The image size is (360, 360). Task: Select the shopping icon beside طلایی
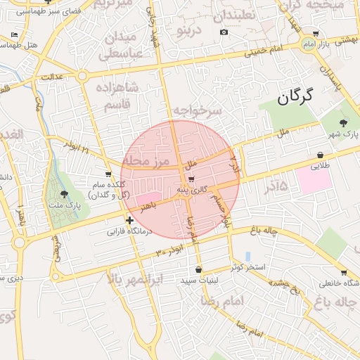[321, 155]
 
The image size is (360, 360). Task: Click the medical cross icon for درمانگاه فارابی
[129, 221]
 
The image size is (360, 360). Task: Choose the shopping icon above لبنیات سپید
[199, 269]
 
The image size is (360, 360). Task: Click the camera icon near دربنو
[224, 32]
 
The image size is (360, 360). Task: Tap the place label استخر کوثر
[248, 268]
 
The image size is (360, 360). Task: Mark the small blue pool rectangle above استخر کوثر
[247, 257]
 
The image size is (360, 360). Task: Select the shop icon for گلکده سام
[108, 174]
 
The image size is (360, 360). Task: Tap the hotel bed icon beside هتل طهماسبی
[15, 34]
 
